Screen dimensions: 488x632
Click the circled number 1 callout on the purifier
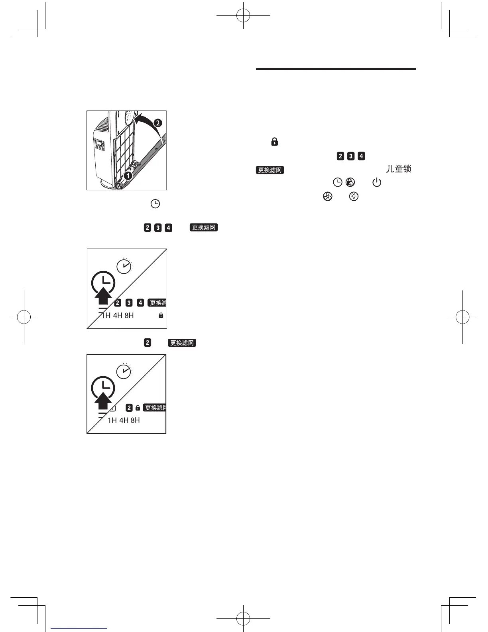pyautogui.click(x=128, y=175)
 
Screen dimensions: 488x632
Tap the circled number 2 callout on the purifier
pyautogui.click(x=158, y=123)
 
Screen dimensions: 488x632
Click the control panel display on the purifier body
pyautogui.click(x=99, y=144)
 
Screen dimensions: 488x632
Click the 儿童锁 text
pyautogui.click(x=398, y=169)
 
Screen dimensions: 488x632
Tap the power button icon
pyautogui.click(x=376, y=183)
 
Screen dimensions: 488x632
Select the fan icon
pyautogui.click(x=327, y=196)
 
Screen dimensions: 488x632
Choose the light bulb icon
pyautogui.click(x=354, y=196)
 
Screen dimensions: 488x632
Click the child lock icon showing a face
pyautogui.click(x=350, y=182)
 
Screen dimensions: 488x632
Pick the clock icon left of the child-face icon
pyautogui.click(x=337, y=182)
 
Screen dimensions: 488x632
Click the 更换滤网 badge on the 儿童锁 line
pyautogui.click(x=270, y=170)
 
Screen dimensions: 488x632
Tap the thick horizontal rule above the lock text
pyautogui.click(x=336, y=69)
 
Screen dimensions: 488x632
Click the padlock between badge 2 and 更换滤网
pyautogui.click(x=138, y=408)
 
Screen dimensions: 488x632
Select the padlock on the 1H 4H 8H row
pyautogui.click(x=161, y=315)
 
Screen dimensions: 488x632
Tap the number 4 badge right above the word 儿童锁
pyautogui.click(x=361, y=156)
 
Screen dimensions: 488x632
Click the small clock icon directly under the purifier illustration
pyautogui.click(x=155, y=204)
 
